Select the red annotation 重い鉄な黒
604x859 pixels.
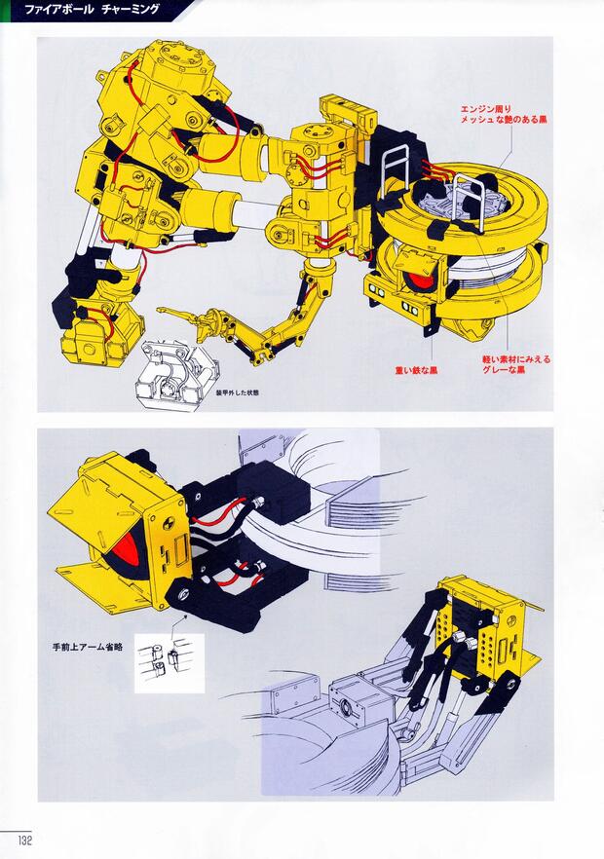coord(416,371)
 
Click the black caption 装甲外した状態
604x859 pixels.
coord(228,392)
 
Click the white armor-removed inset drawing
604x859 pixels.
coord(175,370)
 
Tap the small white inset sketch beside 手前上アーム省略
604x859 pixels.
coord(169,662)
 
